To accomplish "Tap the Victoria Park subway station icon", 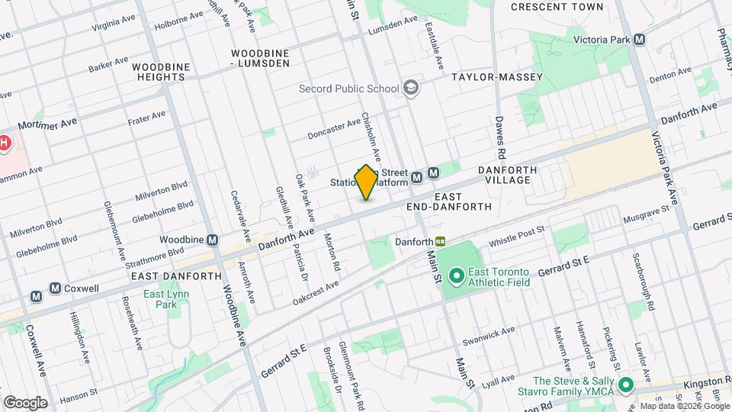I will (x=639, y=39).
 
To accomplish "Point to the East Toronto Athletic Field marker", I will (x=456, y=274).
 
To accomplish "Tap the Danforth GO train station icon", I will (x=441, y=241).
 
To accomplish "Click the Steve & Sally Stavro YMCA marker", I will (x=626, y=386).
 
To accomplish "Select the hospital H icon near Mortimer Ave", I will (x=5, y=143).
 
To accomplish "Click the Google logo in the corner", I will (x=25, y=402).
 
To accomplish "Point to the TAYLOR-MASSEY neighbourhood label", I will (x=496, y=77).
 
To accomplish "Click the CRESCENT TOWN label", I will (x=557, y=7).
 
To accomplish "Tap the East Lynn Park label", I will (x=162, y=299).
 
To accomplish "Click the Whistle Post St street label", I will (x=517, y=234).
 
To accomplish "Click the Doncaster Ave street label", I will (x=333, y=129).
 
